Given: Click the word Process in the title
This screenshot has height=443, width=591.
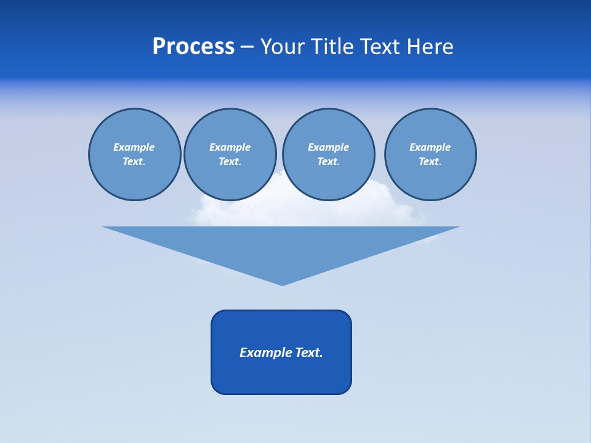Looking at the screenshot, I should coord(193,47).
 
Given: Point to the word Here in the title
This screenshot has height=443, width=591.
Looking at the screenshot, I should coord(430,47).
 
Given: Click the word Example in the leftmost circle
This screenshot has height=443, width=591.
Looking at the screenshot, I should coord(134,147).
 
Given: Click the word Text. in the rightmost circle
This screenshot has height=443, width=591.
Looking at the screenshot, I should coord(430,161).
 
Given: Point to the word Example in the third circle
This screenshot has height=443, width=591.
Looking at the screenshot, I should coord(328,147).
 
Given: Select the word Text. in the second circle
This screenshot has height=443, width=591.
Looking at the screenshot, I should coord(230,161).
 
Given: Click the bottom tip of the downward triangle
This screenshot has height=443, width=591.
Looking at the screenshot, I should coord(283,284).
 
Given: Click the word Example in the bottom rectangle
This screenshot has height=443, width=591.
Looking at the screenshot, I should coord(266,353).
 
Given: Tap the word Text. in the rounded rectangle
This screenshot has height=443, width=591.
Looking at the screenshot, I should coord(309,353).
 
